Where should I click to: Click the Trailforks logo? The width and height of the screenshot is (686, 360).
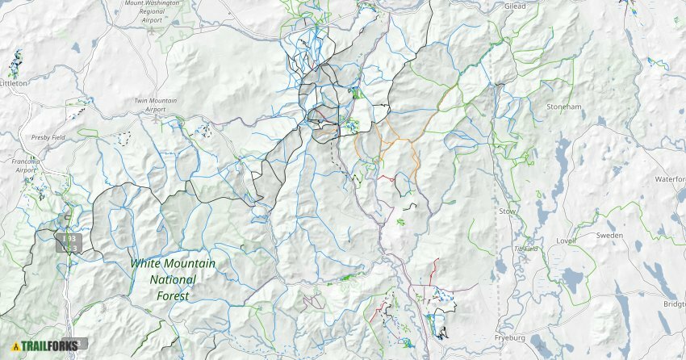[x=44, y=346]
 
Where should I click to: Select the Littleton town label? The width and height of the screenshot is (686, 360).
[x=14, y=83]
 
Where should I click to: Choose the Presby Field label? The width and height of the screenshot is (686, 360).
[x=48, y=138]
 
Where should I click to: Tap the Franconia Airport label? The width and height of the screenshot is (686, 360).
[x=25, y=165]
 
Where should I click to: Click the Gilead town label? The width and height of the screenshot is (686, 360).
[x=515, y=6]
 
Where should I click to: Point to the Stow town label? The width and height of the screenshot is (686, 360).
[x=508, y=211]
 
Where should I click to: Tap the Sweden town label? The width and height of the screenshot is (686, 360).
[x=609, y=235]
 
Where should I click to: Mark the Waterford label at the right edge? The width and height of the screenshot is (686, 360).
[x=670, y=179]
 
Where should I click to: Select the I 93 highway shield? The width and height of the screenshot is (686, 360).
[x=69, y=240]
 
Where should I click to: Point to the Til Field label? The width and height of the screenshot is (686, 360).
[x=526, y=249]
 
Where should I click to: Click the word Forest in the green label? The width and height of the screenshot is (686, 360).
[x=174, y=295]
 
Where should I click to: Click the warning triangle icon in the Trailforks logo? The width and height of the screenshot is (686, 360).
[x=15, y=347]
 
